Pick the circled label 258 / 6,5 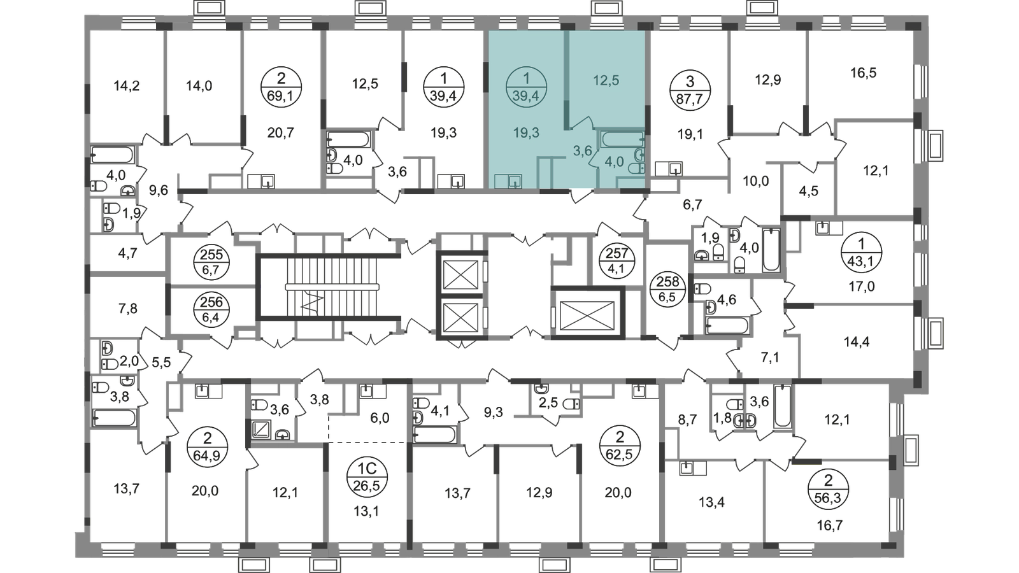668,290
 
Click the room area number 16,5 864,73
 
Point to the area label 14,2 127,85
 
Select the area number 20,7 281,133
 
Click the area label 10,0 755,181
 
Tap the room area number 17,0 862,286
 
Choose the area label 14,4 857,341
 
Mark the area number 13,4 711,502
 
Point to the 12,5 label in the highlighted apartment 606,80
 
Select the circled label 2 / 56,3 829,489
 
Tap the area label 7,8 128,309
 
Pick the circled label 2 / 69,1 281,87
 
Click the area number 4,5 808,191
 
